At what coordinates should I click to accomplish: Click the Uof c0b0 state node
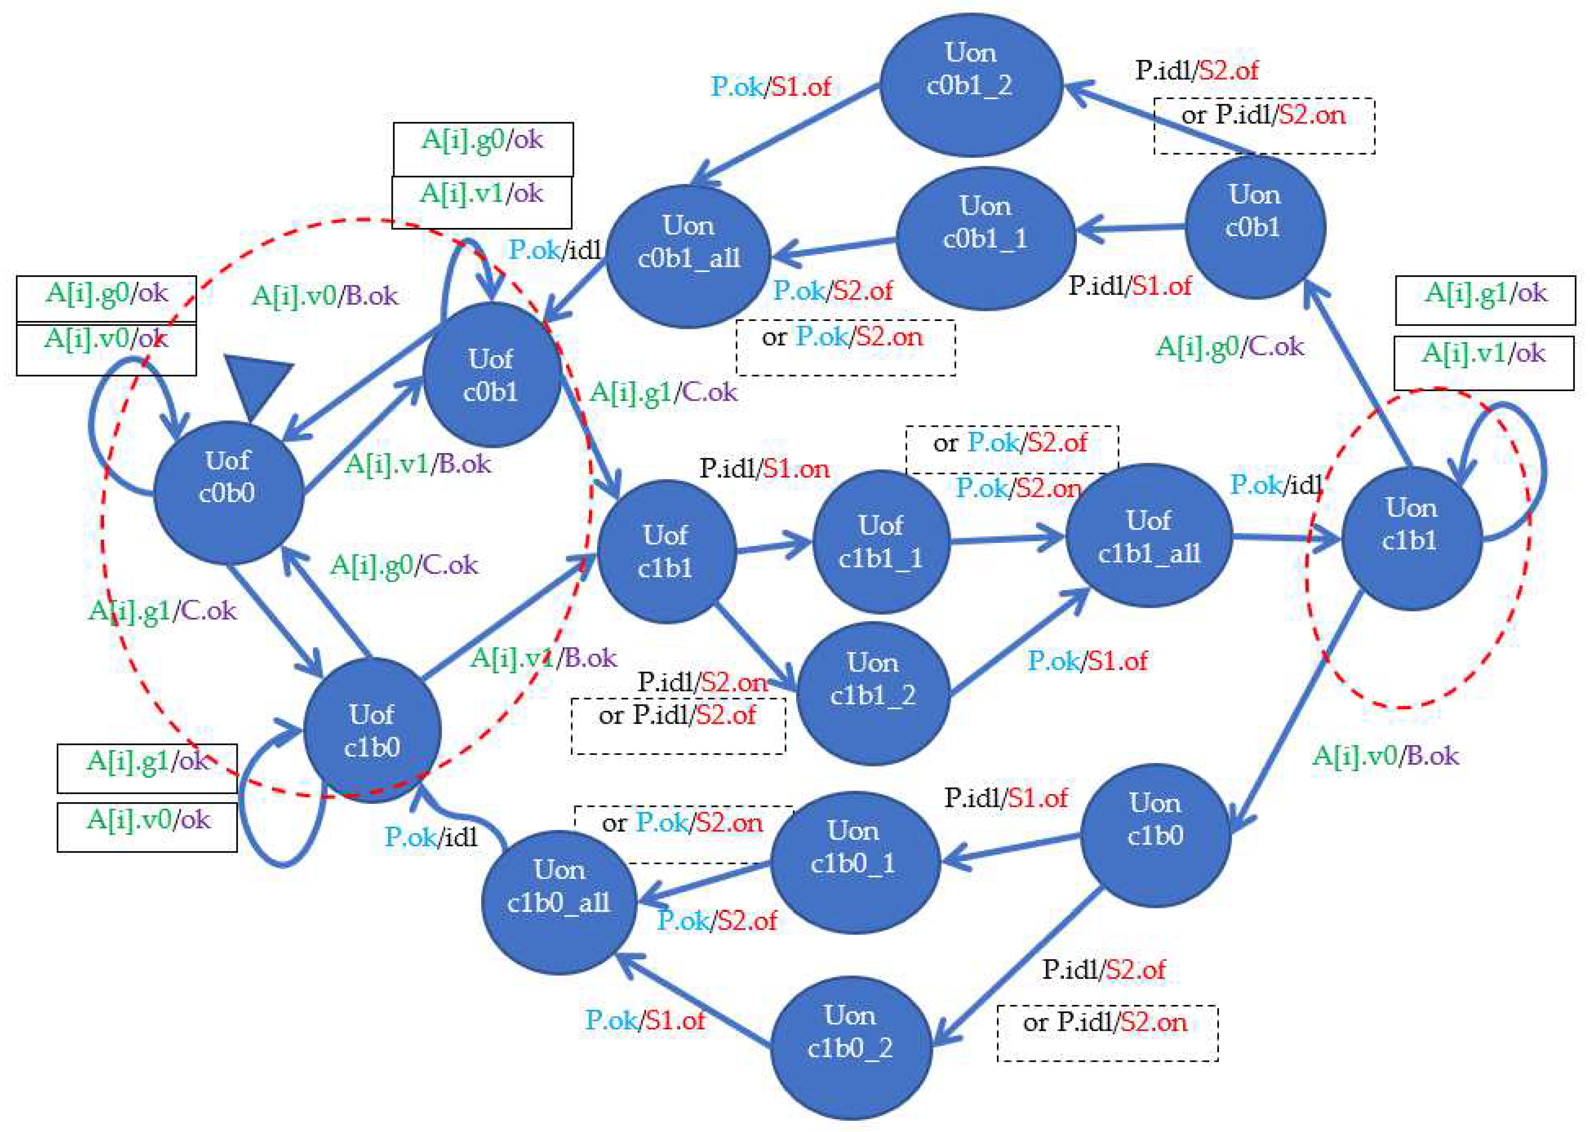228,492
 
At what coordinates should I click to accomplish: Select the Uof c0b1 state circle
492,375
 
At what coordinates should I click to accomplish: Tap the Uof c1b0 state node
372,730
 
